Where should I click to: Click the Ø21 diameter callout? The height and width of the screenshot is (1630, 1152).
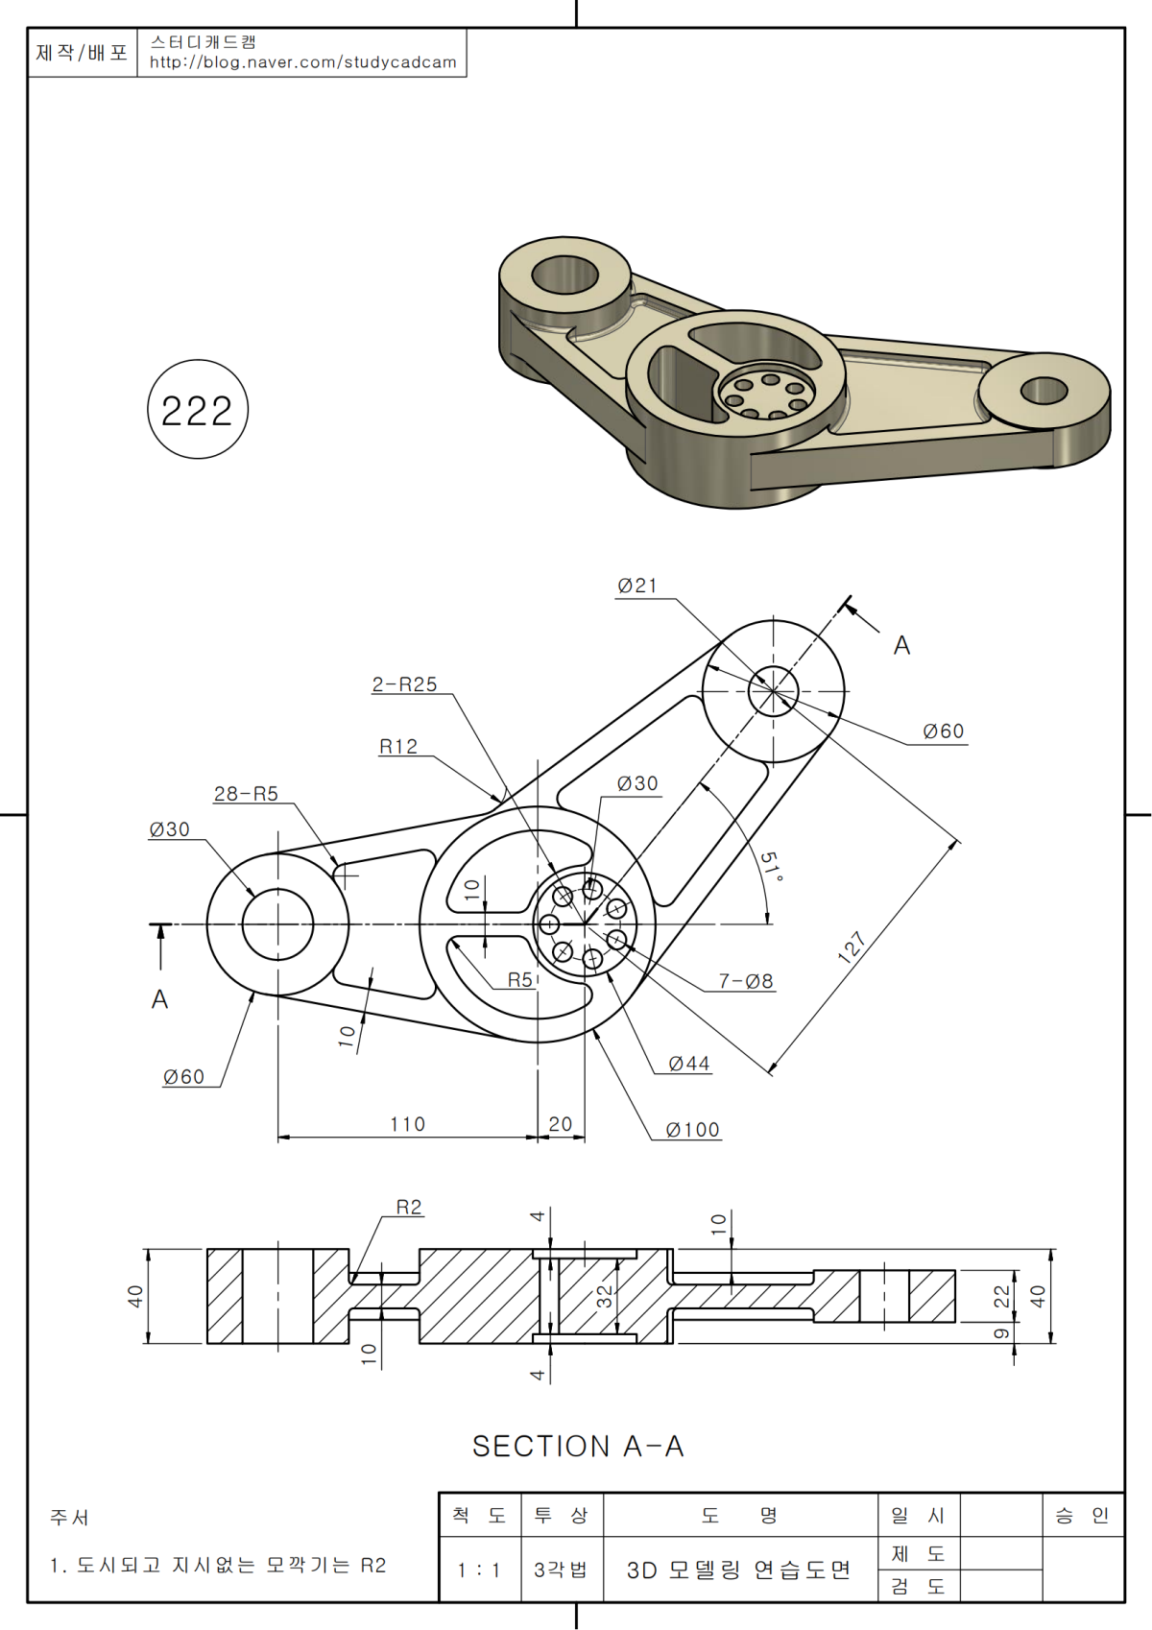coord(636,586)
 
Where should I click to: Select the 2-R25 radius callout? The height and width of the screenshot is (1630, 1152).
coord(404,684)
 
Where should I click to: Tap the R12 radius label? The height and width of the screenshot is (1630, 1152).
coord(398,747)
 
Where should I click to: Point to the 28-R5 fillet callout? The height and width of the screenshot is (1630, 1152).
coord(246,794)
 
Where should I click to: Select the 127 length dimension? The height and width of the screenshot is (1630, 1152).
coord(852,947)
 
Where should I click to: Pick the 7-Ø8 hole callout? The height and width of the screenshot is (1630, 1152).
coord(746,982)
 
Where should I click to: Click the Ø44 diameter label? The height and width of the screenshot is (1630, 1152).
coord(689,1064)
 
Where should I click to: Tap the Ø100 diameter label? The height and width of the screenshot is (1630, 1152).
coord(693,1130)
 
